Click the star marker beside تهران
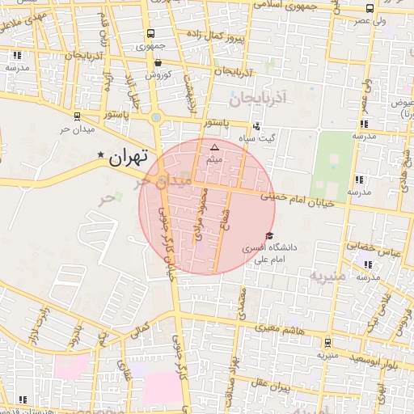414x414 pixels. click(101, 154)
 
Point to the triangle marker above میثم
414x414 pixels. click(214, 147)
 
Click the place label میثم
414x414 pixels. click(214, 159)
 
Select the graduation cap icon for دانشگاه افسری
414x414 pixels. click(269, 235)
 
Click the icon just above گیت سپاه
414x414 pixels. click(256, 126)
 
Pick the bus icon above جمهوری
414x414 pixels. click(150, 34)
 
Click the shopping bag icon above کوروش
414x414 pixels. click(157, 61)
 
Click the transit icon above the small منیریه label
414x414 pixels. click(327, 343)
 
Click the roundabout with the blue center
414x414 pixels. click(156, 118)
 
